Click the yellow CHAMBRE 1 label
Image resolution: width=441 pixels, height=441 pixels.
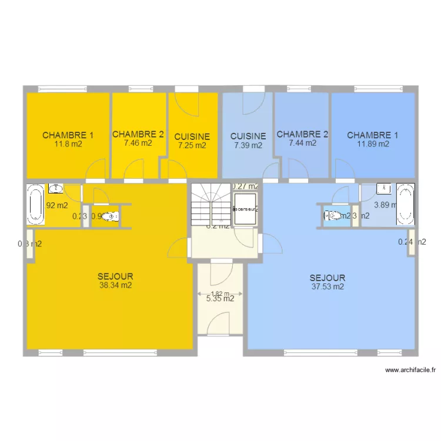click(68, 135)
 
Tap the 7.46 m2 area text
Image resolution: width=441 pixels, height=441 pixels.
click(138, 142)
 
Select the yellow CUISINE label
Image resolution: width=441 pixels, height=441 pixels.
click(192, 136)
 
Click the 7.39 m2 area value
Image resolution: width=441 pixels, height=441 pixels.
click(248, 145)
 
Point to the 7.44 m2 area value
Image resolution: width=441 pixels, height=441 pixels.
click(302, 142)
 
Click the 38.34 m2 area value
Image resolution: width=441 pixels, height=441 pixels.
click(115, 286)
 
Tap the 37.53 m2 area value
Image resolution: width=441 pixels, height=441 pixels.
click(328, 287)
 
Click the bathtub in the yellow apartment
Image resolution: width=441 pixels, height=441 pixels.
click(36, 205)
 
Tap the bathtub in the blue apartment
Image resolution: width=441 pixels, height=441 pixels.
click(405, 205)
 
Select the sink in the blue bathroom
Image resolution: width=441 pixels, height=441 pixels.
click(385, 188)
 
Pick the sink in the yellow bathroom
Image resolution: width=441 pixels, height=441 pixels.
click(56, 188)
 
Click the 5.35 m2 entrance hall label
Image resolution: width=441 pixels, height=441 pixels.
click(220, 299)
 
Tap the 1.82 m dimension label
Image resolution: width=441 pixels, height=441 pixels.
click(220, 293)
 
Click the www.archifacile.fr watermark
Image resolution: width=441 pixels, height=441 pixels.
click(411, 370)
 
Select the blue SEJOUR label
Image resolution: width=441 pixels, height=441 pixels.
click(328, 278)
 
